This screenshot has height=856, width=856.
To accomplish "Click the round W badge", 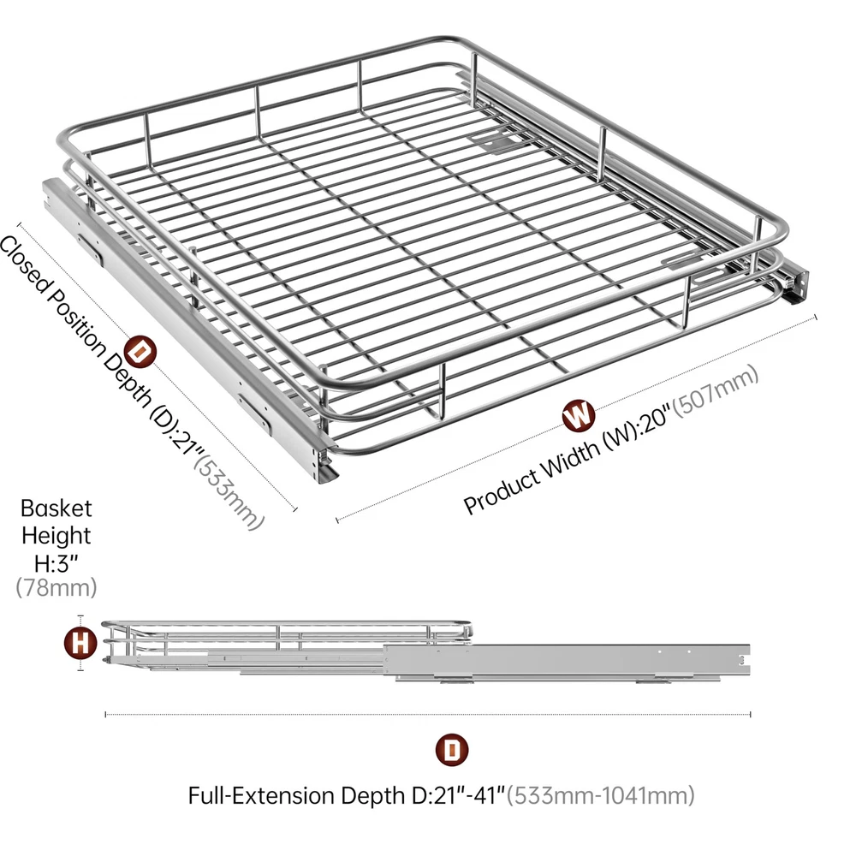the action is (579, 415).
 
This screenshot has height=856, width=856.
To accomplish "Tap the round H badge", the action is (80, 643).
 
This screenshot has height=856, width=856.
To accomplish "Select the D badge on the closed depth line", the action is (140, 352).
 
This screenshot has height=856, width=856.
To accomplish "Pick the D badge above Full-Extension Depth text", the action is (452, 750).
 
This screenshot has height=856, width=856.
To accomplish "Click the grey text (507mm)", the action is (716, 390).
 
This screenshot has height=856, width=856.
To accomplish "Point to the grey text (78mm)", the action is (56, 588).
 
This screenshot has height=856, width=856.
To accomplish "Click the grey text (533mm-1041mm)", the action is (601, 795).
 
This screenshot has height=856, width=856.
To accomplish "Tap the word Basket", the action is (56, 508).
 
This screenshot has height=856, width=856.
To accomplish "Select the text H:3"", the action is (56, 562).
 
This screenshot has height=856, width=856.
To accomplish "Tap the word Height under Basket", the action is (56, 536).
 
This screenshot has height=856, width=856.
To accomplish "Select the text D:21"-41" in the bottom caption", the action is (458, 795).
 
